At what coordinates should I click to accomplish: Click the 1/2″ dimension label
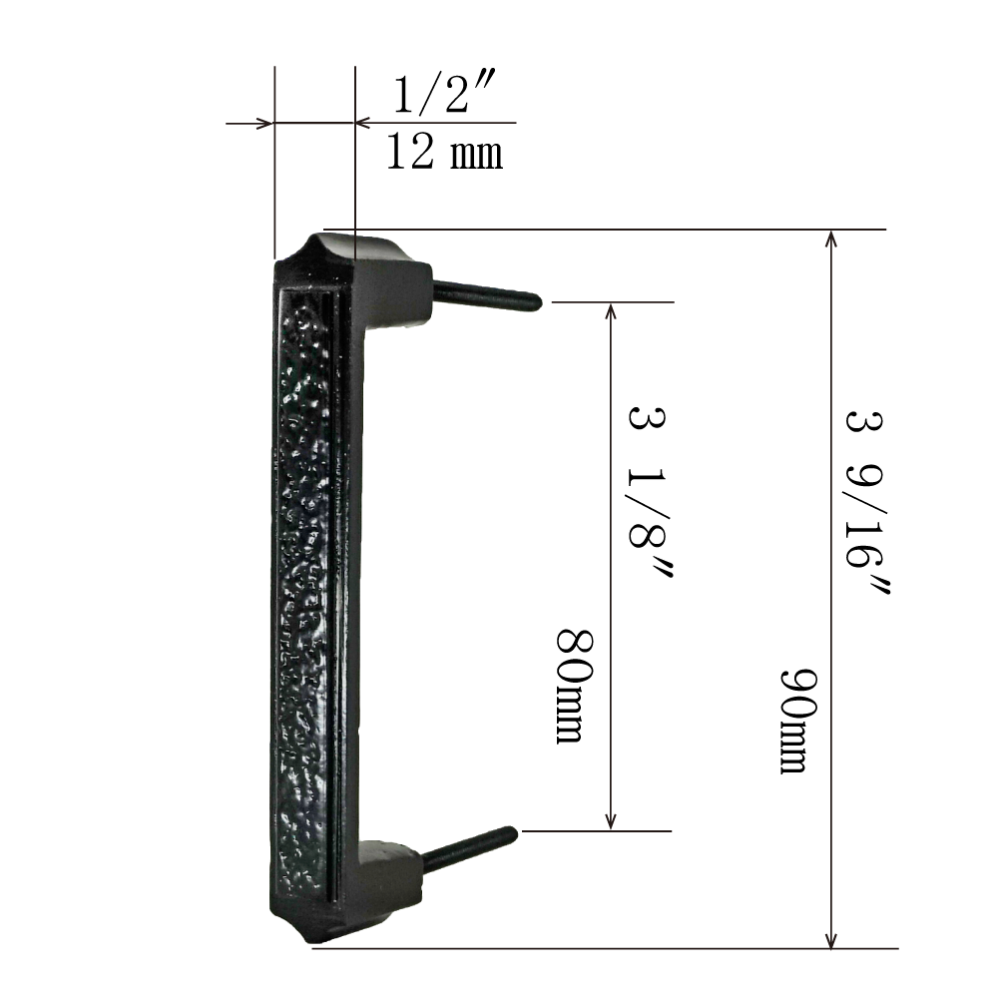click(444, 94)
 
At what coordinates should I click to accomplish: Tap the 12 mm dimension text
click(444, 152)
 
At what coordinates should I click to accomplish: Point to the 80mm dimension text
click(576, 686)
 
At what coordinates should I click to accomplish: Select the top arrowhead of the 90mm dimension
click(830, 239)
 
